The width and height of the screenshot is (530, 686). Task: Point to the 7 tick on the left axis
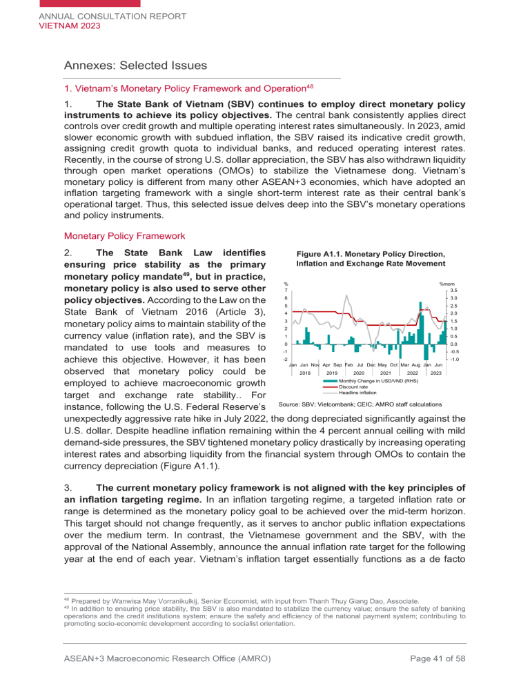286,290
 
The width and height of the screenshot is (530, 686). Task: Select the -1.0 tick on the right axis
453,359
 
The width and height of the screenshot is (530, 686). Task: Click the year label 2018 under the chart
305,373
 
